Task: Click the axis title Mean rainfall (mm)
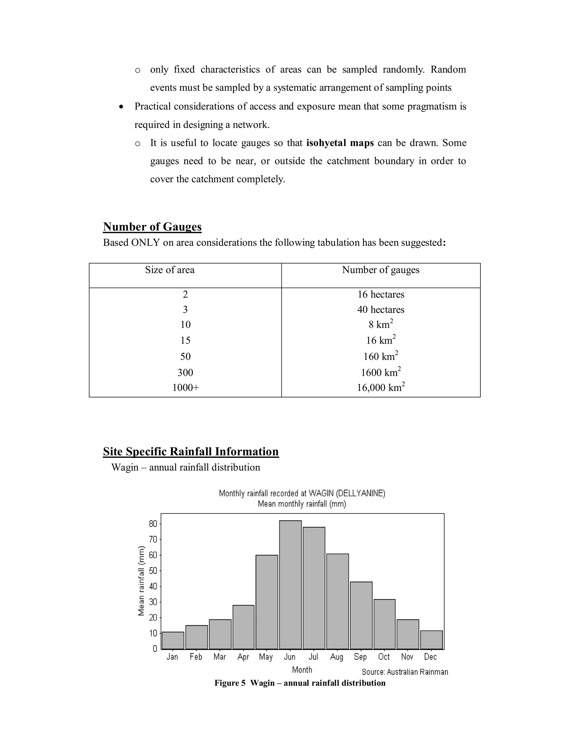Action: pos(141,581)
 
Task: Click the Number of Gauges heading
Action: pos(152,227)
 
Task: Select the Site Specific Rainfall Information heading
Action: pos(191,451)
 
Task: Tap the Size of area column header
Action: pos(169,270)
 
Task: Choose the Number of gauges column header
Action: pos(380,270)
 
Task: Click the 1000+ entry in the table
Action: pos(185,387)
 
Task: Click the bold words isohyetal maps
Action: pos(340,143)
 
